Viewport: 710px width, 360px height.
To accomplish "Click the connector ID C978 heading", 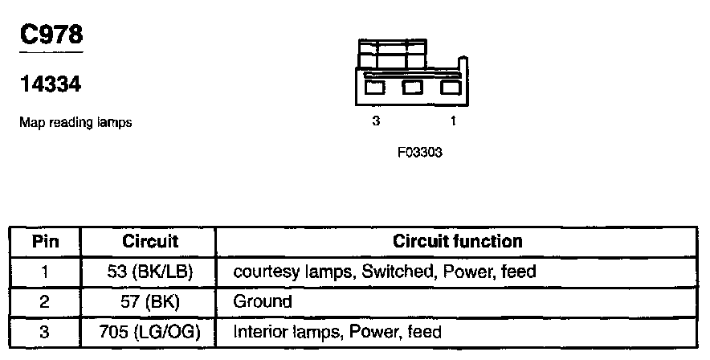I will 51,35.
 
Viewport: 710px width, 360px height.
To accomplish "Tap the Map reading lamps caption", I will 75,123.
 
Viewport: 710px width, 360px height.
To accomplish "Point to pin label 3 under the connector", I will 375,121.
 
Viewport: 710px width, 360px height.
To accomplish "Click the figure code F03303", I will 420,152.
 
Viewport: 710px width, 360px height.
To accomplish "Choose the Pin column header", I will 45,241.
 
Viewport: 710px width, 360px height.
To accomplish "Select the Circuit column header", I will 149,241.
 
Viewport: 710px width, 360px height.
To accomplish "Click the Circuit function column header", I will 457,241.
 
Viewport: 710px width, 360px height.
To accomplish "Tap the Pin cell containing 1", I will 45,272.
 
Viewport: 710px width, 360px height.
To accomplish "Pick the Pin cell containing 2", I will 45,302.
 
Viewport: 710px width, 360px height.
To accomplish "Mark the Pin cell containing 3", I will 45,331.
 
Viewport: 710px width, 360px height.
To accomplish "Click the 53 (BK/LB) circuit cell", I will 149,272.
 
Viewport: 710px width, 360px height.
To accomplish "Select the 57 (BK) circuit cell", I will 149,302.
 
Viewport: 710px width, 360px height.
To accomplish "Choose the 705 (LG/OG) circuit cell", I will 149,331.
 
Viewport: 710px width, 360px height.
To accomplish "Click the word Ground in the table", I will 262,302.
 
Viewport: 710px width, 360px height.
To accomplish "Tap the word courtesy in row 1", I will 263,272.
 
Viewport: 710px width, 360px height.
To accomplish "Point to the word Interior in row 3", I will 259,331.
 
